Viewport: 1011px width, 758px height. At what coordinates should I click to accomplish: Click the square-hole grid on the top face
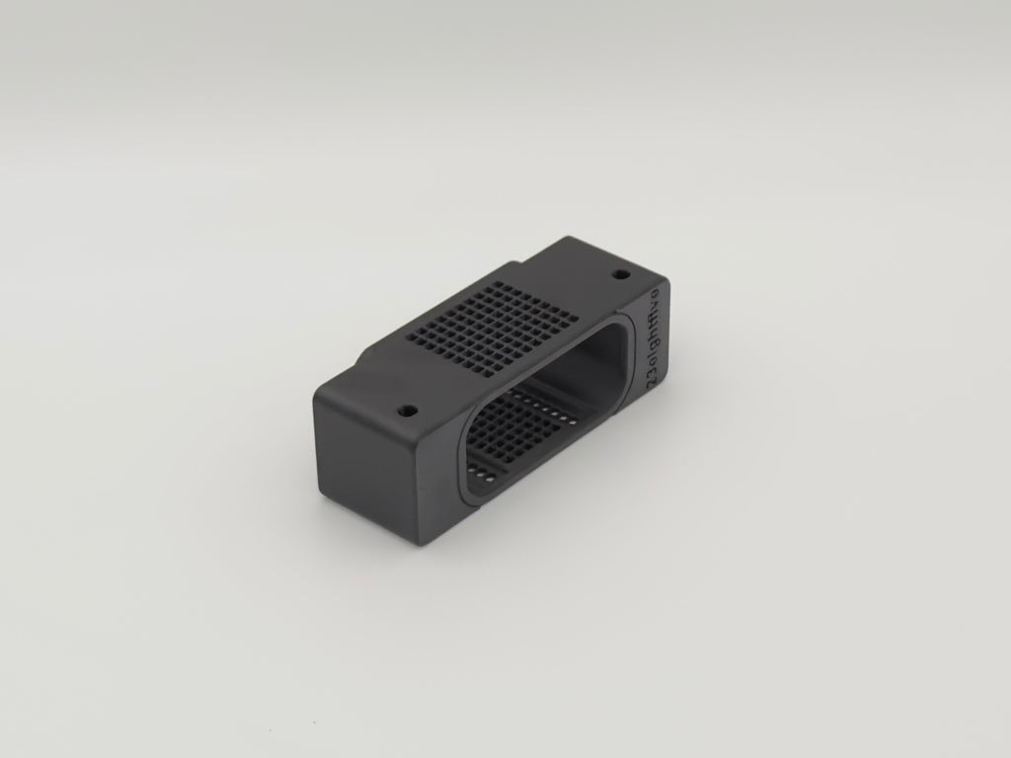491,330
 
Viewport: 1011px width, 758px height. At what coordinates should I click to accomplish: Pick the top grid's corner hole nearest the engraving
570,321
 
